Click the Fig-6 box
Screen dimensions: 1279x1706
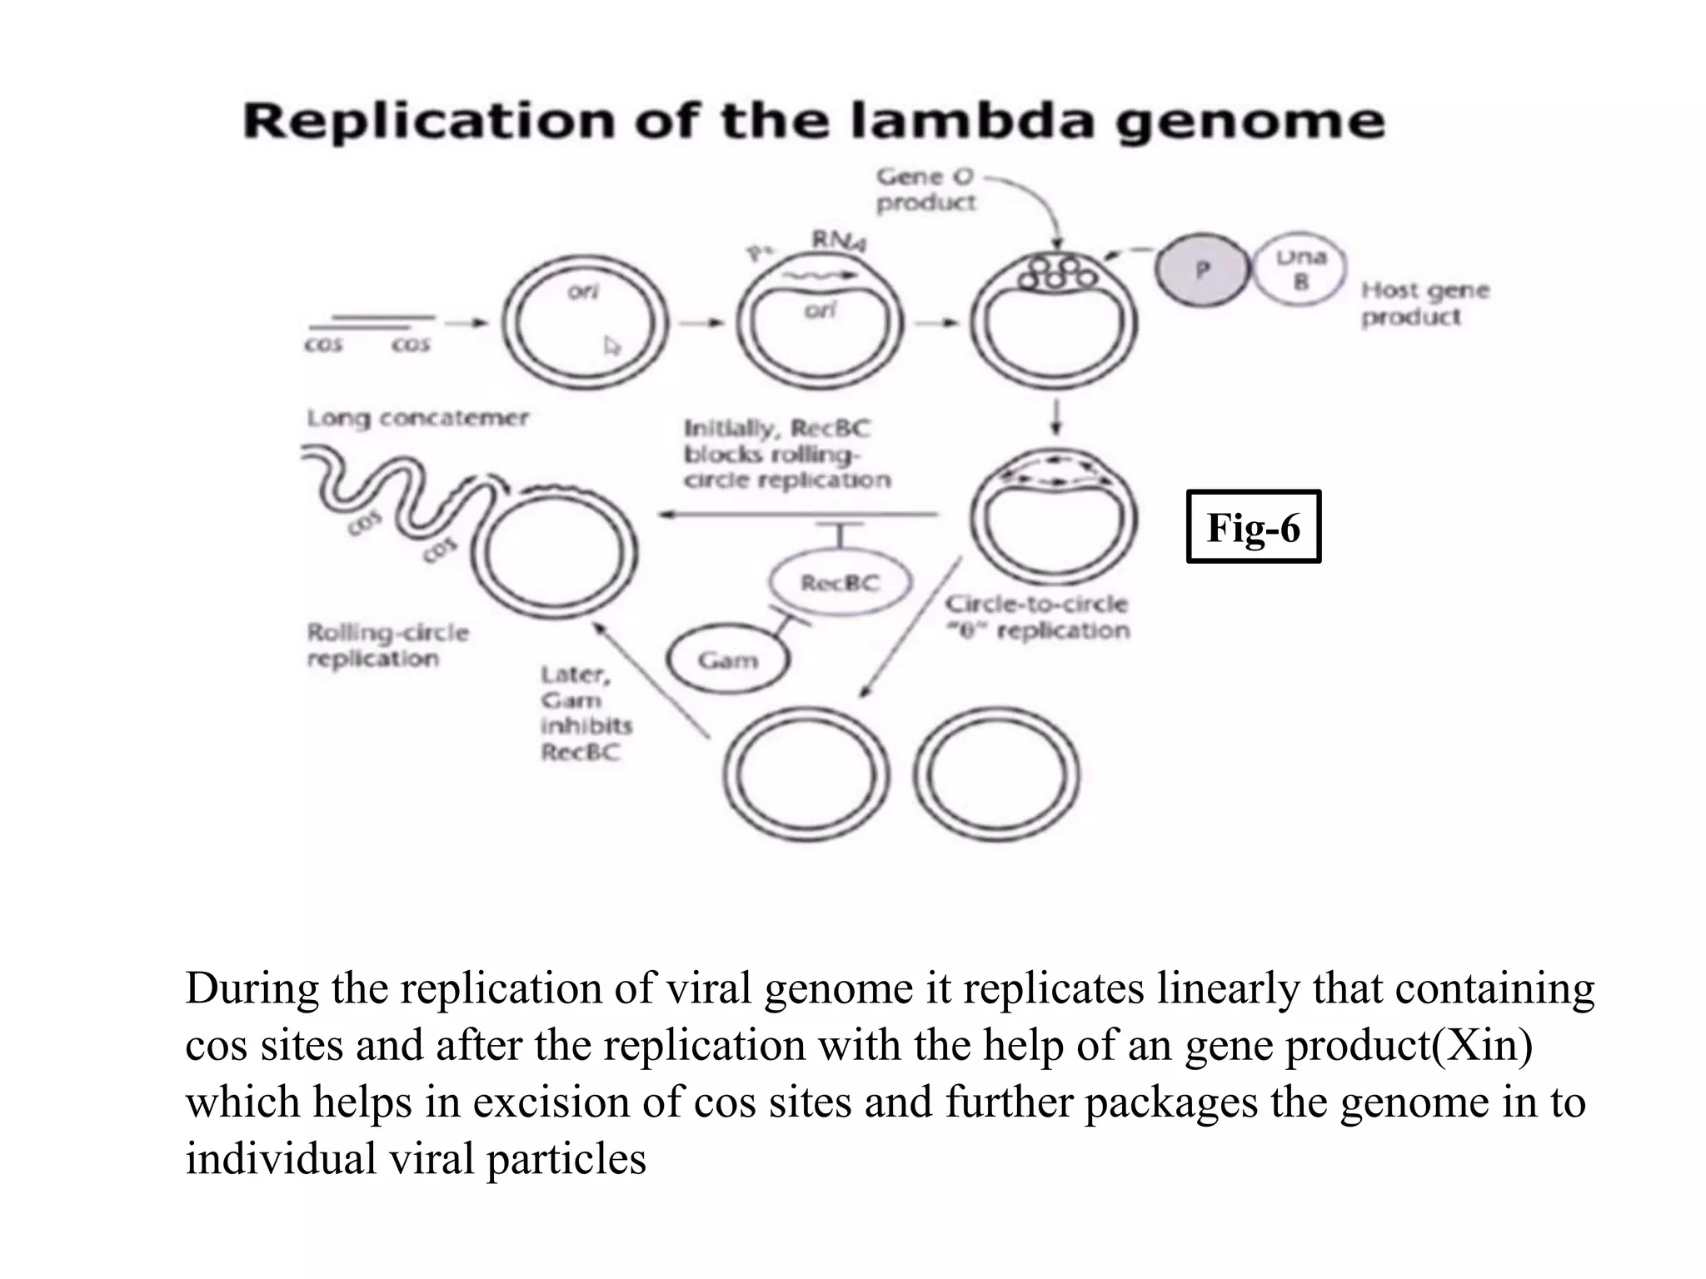(x=1253, y=527)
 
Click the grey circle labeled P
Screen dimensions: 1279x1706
(x=1202, y=270)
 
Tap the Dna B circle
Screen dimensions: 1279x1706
(x=1299, y=270)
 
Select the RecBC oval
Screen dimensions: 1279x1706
(x=840, y=582)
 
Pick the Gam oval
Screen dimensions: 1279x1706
(x=728, y=660)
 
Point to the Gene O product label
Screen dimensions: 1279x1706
(x=925, y=189)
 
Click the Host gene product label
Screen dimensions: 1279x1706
(x=1424, y=303)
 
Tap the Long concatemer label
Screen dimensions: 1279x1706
(x=417, y=418)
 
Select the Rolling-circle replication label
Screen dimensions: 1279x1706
(x=387, y=645)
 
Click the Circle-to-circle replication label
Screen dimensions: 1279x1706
(x=1037, y=617)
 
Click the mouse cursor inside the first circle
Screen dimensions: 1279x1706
(x=612, y=346)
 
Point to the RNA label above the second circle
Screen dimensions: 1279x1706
(x=838, y=241)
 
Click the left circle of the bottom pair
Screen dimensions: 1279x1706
(x=806, y=774)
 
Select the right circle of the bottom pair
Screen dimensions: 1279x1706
(x=996, y=774)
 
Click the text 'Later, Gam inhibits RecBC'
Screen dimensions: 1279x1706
(x=585, y=713)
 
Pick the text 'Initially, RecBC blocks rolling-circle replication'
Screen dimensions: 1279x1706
(x=786, y=455)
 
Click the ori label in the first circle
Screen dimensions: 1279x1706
(x=582, y=292)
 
